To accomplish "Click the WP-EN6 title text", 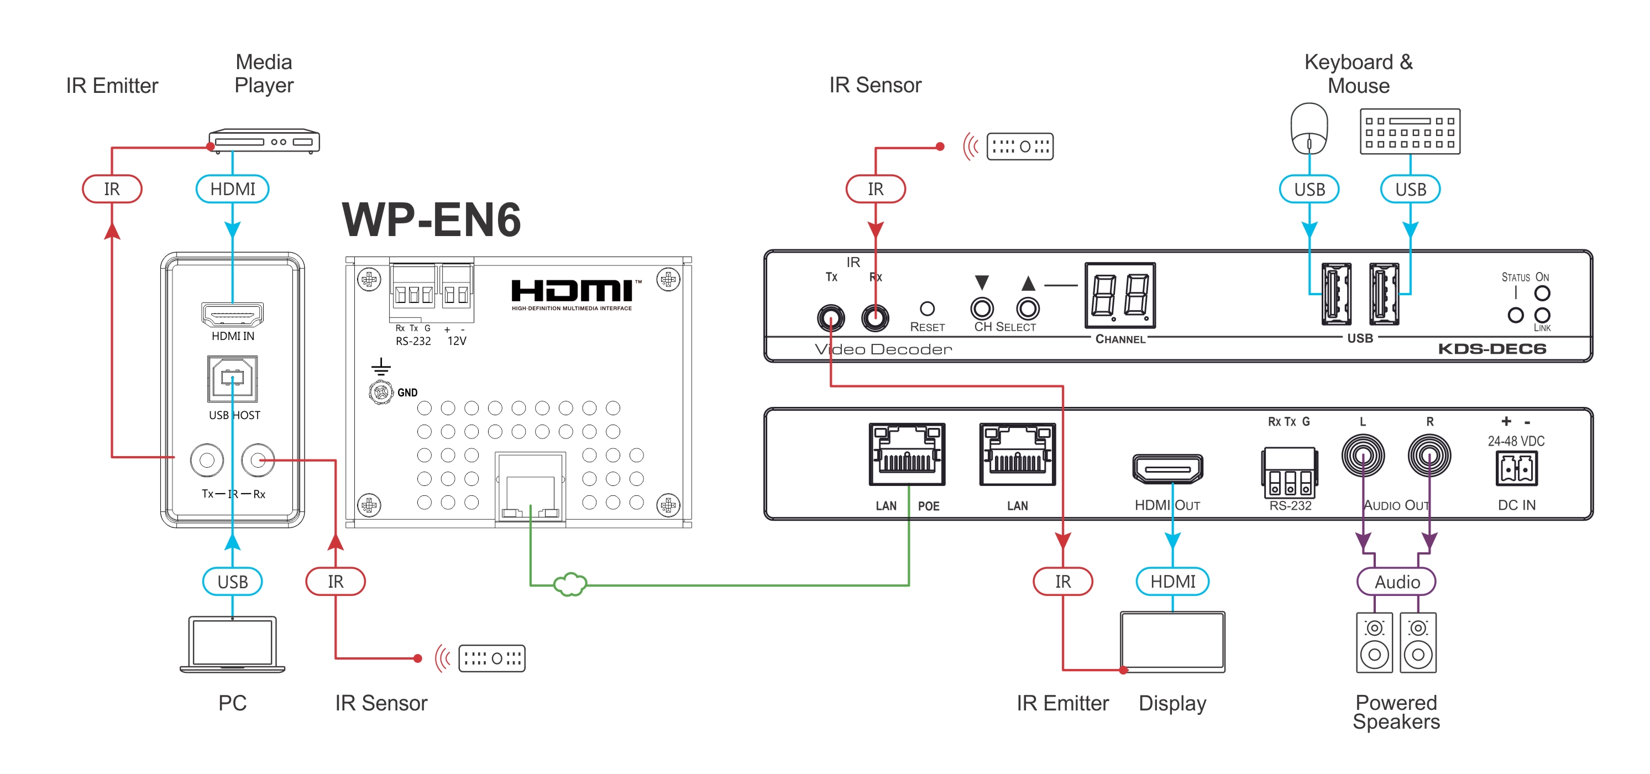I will click(431, 220).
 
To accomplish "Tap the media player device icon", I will click(264, 141).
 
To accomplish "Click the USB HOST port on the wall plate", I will click(233, 378).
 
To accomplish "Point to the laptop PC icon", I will click(233, 644).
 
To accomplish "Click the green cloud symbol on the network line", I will click(569, 584).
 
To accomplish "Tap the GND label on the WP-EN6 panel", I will click(407, 393).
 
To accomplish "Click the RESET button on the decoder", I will click(927, 309).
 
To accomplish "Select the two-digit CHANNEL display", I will click(1120, 295).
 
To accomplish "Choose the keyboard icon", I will click(1410, 132).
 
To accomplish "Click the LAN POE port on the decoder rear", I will click(907, 454).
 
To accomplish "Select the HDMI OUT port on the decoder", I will click(1167, 469).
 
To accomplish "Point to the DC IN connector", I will click(1516, 469).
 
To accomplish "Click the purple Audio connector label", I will click(1396, 582).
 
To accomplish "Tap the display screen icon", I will click(1172, 641).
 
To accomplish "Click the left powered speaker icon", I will click(1374, 642).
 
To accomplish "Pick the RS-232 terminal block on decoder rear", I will click(1290, 473).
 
